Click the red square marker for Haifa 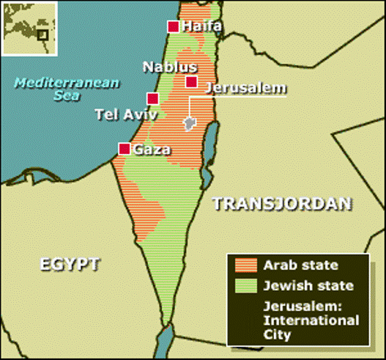pyautogui.click(x=174, y=27)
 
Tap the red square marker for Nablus pyautogui.click(x=191, y=82)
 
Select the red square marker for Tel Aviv pyautogui.click(x=152, y=98)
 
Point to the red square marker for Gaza pyautogui.click(x=125, y=149)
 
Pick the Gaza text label pyautogui.click(x=152, y=150)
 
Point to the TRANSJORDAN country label pyautogui.click(x=282, y=203)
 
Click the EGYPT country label pyautogui.click(x=70, y=264)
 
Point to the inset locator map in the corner pyautogui.click(x=27, y=29)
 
